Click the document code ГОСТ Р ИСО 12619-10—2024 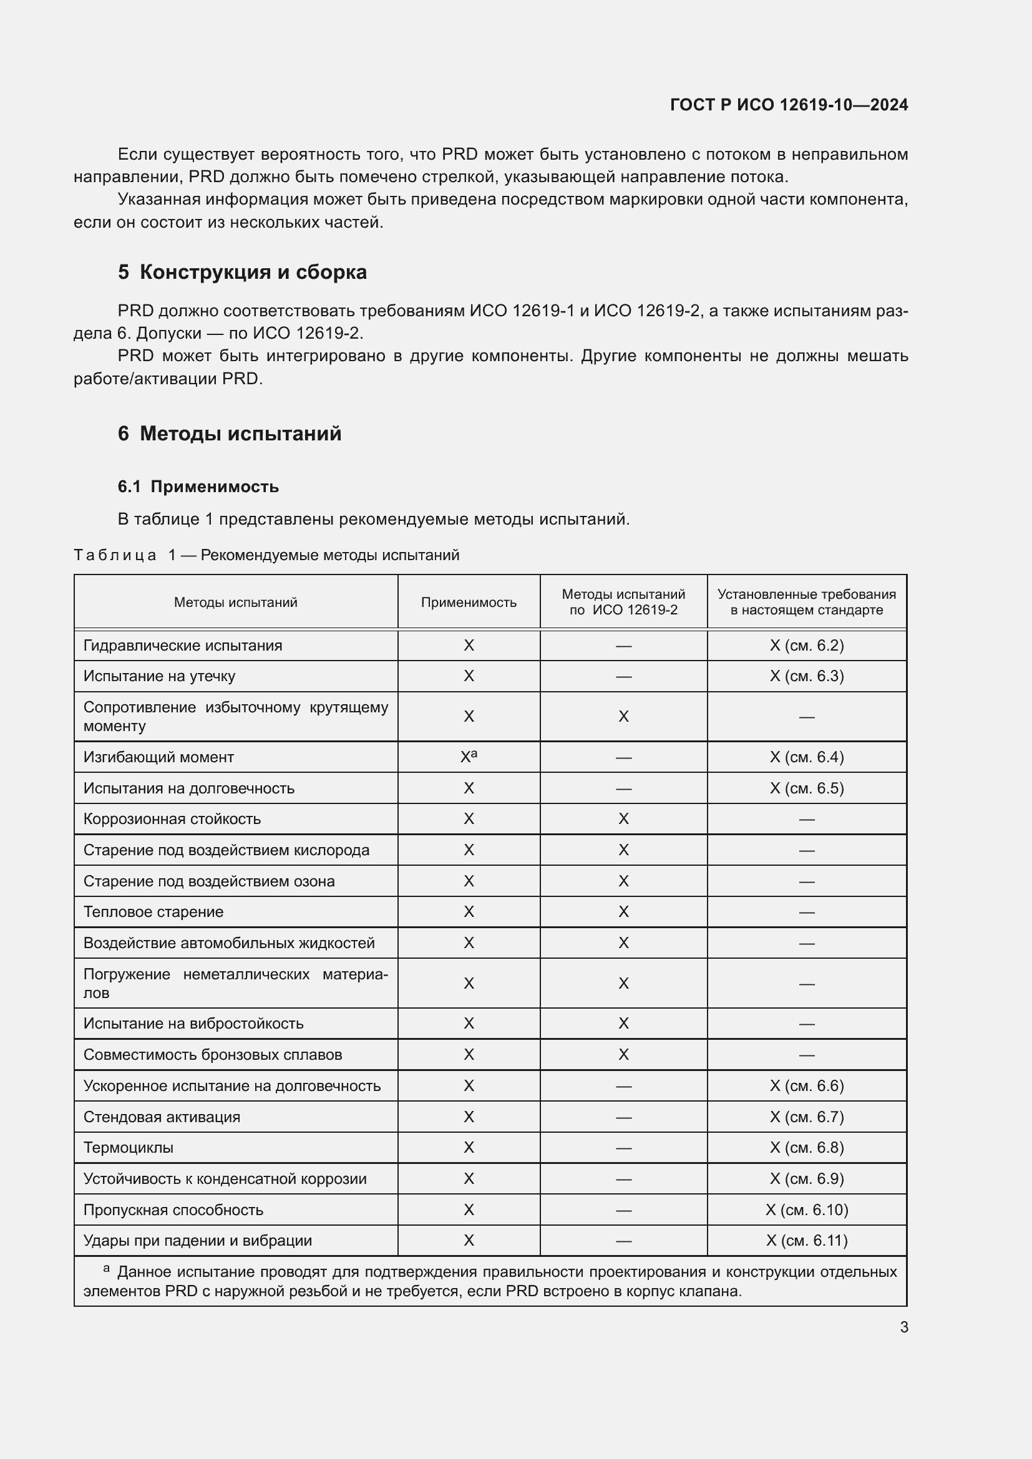pos(789,105)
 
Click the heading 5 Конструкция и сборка pos(242,272)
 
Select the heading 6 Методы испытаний pos(230,434)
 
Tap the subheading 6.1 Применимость pos(198,486)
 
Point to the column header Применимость pos(469,602)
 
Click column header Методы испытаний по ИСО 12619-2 pos(623,602)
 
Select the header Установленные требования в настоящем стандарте pos(806,602)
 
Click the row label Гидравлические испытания pos(183,645)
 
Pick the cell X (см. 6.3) pos(806,676)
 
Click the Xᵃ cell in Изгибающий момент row pos(469,756)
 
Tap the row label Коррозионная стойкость pos(172,818)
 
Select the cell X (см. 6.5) pos(806,788)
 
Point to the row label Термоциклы pos(129,1147)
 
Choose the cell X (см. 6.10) pos(806,1209)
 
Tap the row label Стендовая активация pos(162,1117)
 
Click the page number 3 pos(903,1327)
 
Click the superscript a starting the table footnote pos(106,1268)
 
